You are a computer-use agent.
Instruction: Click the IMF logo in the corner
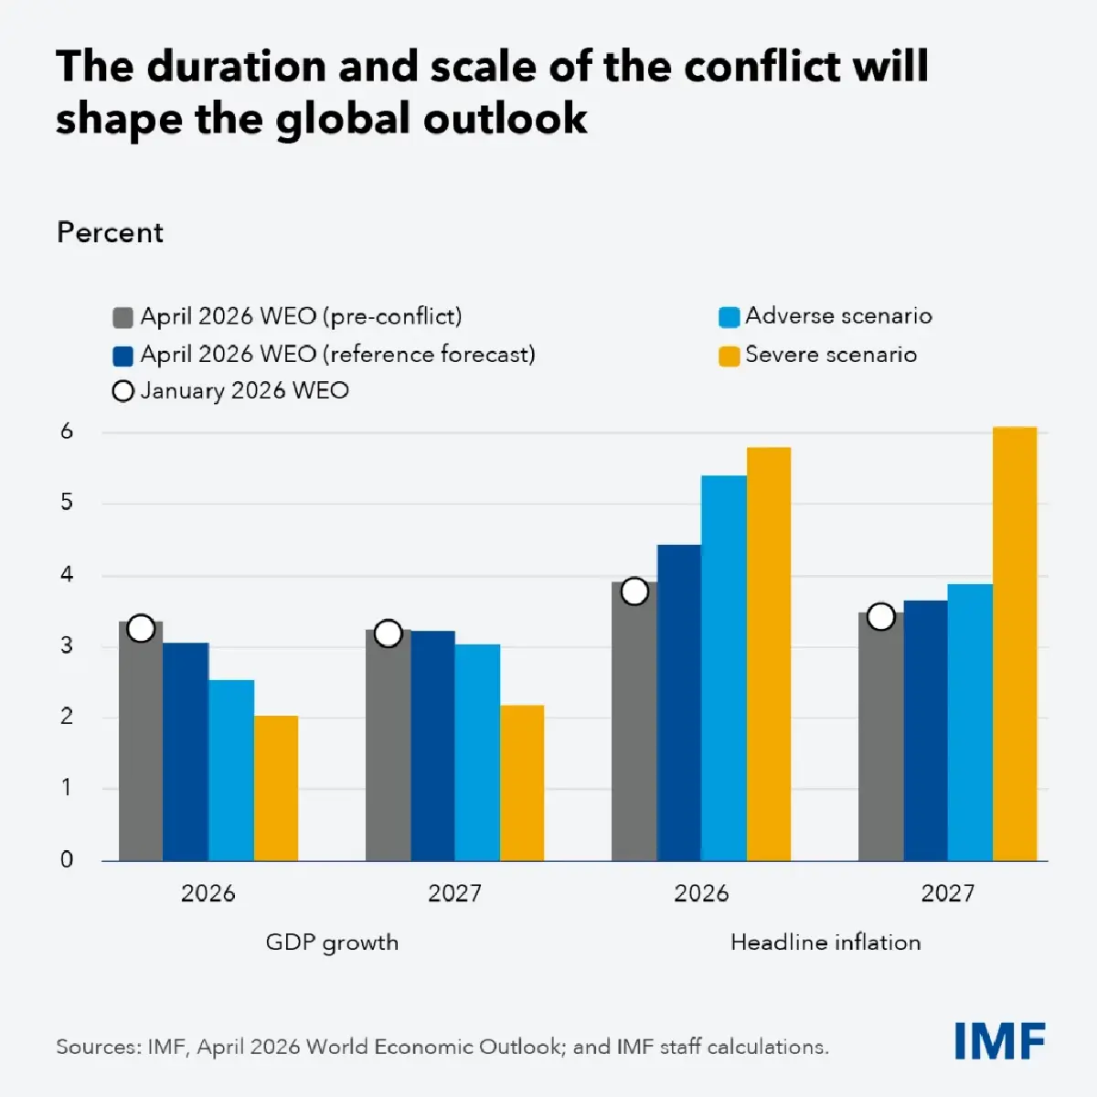coord(999,1041)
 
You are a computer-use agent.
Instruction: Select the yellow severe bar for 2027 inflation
coord(1015,644)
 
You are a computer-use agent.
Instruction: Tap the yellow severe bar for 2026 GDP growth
coord(276,788)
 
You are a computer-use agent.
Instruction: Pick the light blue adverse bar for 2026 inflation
coord(724,668)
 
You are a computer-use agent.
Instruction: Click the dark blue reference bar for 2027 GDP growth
coord(432,746)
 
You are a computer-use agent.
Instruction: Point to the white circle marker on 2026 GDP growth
coord(141,629)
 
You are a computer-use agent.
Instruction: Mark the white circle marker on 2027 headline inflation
coord(880,617)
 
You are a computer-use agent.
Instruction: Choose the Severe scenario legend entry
coord(818,355)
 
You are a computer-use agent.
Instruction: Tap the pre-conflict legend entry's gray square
coord(122,317)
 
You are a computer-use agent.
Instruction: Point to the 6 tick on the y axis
coord(67,431)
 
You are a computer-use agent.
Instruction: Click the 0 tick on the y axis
coord(67,859)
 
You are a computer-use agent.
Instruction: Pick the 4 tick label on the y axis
coord(67,575)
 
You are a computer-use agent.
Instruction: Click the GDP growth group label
coord(332,943)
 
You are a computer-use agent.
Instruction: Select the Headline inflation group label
coord(825,943)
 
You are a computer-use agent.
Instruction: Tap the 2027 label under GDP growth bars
coord(454,893)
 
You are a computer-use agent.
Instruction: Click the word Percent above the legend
coord(110,233)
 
